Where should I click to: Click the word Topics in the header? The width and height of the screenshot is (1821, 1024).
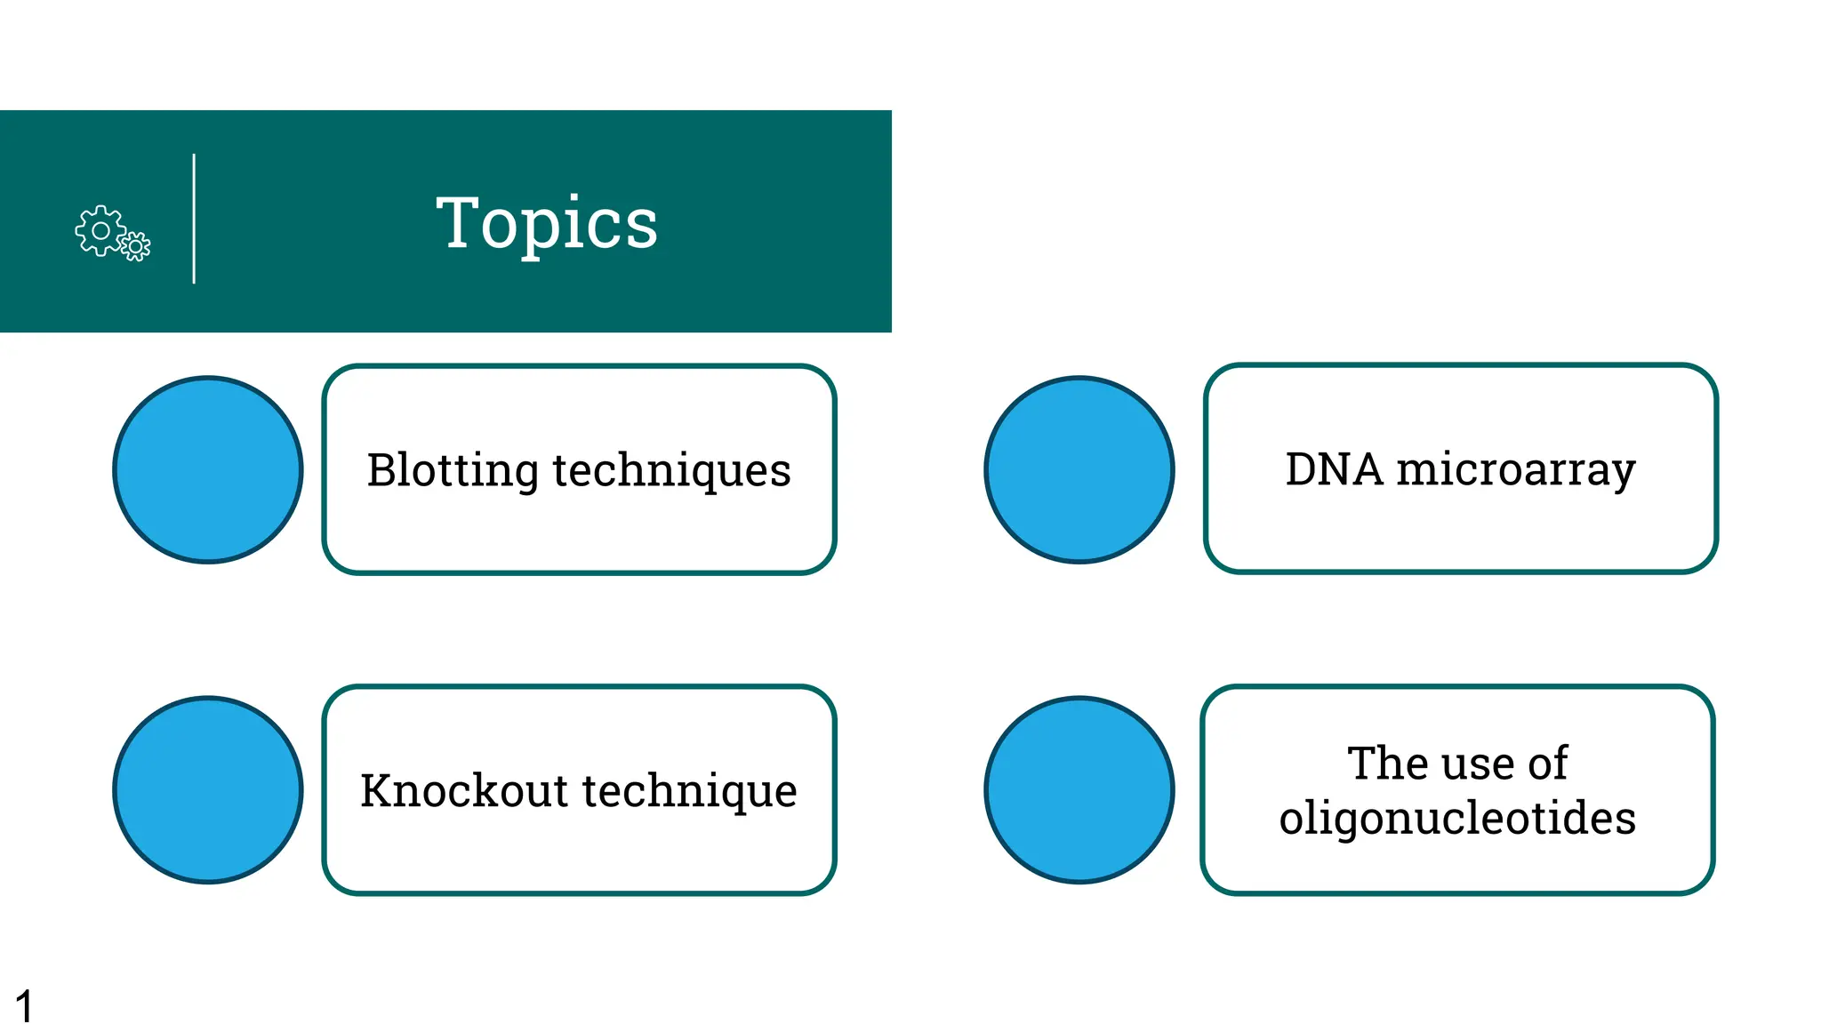(x=547, y=223)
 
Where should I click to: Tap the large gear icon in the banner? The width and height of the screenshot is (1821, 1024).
(x=100, y=230)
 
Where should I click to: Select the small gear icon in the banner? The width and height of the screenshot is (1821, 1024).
(x=135, y=245)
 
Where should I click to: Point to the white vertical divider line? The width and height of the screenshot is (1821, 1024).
(x=194, y=219)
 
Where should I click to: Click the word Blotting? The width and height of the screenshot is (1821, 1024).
(x=452, y=470)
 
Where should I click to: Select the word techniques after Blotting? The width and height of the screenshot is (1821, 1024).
(x=671, y=470)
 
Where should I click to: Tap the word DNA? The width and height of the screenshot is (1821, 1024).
(x=1334, y=468)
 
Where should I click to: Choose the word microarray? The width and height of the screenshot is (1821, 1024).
(x=1515, y=470)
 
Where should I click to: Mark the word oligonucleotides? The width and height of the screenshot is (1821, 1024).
(x=1457, y=818)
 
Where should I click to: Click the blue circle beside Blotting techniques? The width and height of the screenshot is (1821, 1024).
(x=208, y=470)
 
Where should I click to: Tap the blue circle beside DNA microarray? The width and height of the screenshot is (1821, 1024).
(x=1079, y=470)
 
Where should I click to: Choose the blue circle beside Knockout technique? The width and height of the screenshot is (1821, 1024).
(x=208, y=790)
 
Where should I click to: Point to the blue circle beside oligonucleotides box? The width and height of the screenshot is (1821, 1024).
(x=1079, y=790)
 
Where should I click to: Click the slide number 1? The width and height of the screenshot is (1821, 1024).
(x=24, y=1006)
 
